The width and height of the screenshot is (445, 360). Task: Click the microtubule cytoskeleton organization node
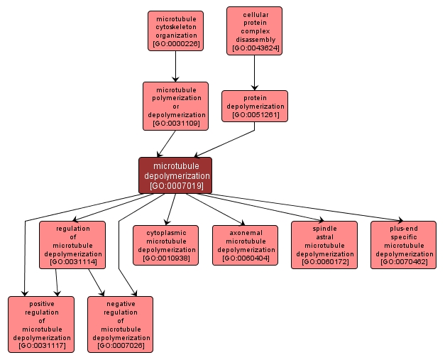click(175, 31)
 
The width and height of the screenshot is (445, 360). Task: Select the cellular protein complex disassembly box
click(254, 31)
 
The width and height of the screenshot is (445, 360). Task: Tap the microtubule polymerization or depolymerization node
click(175, 106)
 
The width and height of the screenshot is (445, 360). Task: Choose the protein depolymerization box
click(254, 106)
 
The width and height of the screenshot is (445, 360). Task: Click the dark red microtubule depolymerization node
click(175, 175)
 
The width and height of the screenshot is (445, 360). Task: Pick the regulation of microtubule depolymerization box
click(72, 245)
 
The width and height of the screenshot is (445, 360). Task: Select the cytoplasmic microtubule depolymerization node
click(166, 245)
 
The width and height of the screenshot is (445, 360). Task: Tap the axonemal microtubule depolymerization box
click(246, 245)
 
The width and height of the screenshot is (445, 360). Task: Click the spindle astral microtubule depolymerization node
click(324, 245)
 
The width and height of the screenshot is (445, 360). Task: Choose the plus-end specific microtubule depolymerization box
click(403, 245)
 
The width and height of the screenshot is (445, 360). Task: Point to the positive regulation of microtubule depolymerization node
click(41, 324)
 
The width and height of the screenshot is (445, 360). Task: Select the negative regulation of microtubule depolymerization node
click(120, 324)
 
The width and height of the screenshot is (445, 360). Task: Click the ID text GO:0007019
click(176, 186)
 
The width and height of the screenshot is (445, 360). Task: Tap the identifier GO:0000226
click(175, 44)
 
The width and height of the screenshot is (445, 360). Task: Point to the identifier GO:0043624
click(255, 48)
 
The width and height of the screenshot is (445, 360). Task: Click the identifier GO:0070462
click(403, 262)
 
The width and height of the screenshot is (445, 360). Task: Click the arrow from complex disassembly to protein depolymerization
click(254, 72)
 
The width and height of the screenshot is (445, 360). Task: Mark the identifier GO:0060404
click(246, 258)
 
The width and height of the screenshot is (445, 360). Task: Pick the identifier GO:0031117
click(41, 345)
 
